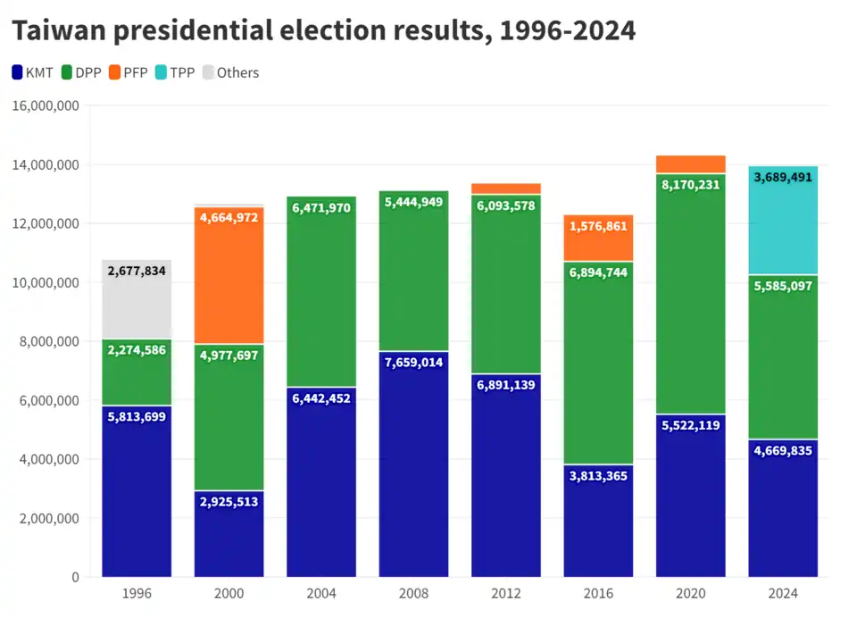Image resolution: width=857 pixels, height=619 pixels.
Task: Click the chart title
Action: pos(323,30)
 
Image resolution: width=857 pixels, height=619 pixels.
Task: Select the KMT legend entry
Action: pos(33,72)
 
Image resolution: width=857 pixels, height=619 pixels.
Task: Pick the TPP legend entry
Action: pos(175,72)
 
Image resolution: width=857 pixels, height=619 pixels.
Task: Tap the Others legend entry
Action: pos(229,72)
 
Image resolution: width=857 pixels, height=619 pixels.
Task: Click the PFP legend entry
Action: pos(128,72)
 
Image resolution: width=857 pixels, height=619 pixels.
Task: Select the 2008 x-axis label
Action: pos(413,593)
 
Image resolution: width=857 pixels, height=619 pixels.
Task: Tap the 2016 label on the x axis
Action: pos(598,593)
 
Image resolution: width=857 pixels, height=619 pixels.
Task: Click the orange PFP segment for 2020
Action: pos(690,164)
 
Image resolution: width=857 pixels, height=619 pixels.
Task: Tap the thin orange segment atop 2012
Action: pos(506,188)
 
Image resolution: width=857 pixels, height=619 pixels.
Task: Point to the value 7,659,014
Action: pos(413,363)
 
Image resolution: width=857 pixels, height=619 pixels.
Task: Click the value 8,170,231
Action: pos(690,185)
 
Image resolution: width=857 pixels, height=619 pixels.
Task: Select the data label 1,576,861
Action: pos(598,227)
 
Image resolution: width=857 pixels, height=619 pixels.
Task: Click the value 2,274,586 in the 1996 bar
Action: pos(137,350)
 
